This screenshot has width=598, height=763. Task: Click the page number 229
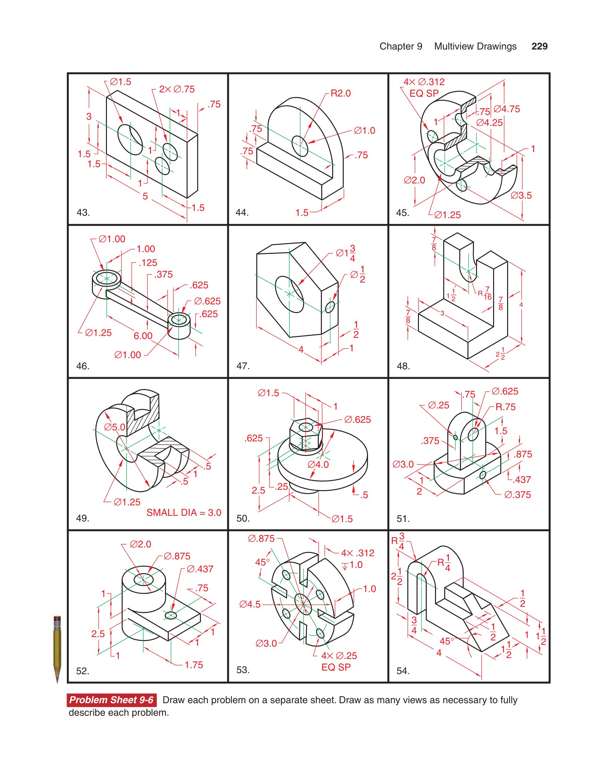point(539,46)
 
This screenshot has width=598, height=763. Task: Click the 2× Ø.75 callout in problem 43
point(177,89)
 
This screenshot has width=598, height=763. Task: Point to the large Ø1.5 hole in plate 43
point(130,139)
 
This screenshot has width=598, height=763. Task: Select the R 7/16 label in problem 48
point(485,293)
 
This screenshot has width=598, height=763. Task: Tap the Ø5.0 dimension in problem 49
point(114,427)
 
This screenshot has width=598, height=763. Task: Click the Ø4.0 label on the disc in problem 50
point(318,464)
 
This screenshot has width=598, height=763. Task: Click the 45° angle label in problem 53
point(262,562)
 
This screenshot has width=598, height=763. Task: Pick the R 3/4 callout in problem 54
point(398,541)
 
